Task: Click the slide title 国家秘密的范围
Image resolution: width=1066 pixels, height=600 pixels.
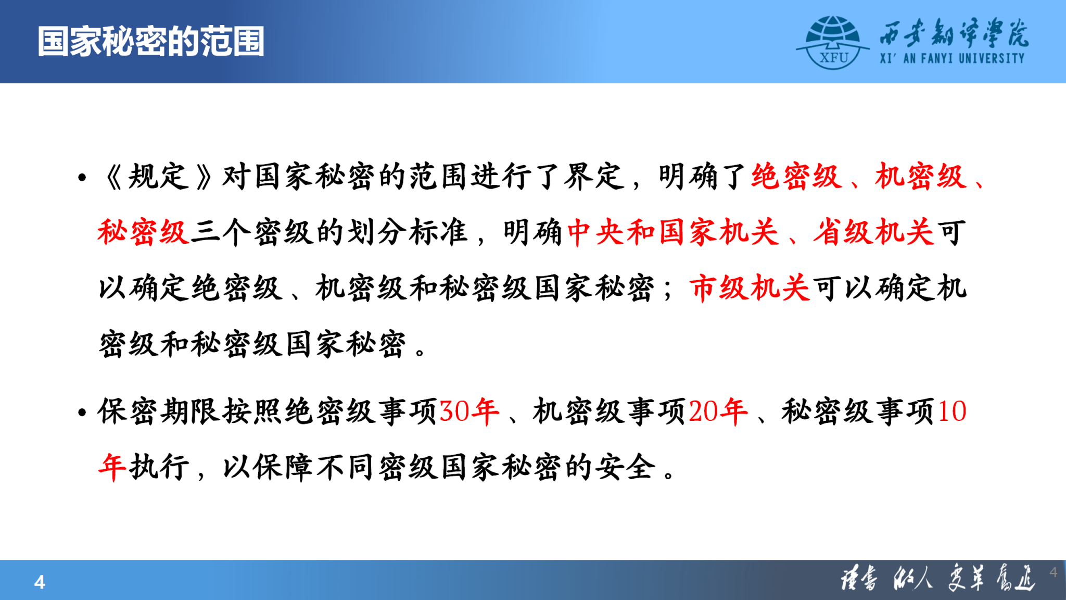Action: (x=151, y=42)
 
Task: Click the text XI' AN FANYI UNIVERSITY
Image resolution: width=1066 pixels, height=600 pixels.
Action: (x=953, y=58)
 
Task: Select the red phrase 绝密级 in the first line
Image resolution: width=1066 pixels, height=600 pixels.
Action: (x=797, y=177)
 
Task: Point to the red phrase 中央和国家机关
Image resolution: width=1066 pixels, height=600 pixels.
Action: (x=673, y=232)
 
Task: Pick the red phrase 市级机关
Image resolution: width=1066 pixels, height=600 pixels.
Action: (x=750, y=288)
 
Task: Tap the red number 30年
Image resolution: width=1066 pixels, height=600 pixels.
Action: (x=469, y=411)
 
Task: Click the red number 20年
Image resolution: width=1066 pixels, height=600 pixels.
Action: (x=718, y=411)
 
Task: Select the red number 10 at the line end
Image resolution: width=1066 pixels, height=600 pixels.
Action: (x=952, y=411)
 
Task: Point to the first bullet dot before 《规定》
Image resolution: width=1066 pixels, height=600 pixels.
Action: (x=82, y=178)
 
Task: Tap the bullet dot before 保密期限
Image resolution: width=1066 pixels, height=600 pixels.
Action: (x=82, y=413)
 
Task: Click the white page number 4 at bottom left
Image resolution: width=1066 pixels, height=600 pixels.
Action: (x=40, y=582)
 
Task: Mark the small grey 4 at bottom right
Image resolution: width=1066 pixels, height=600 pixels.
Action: (x=1054, y=572)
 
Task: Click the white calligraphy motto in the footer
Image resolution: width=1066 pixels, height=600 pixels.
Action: (x=937, y=578)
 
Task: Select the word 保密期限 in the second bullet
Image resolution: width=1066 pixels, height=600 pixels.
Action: (x=159, y=411)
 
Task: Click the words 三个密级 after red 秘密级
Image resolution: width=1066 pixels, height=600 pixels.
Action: (x=252, y=232)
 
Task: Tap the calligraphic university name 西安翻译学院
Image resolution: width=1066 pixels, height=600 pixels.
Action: (x=954, y=32)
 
